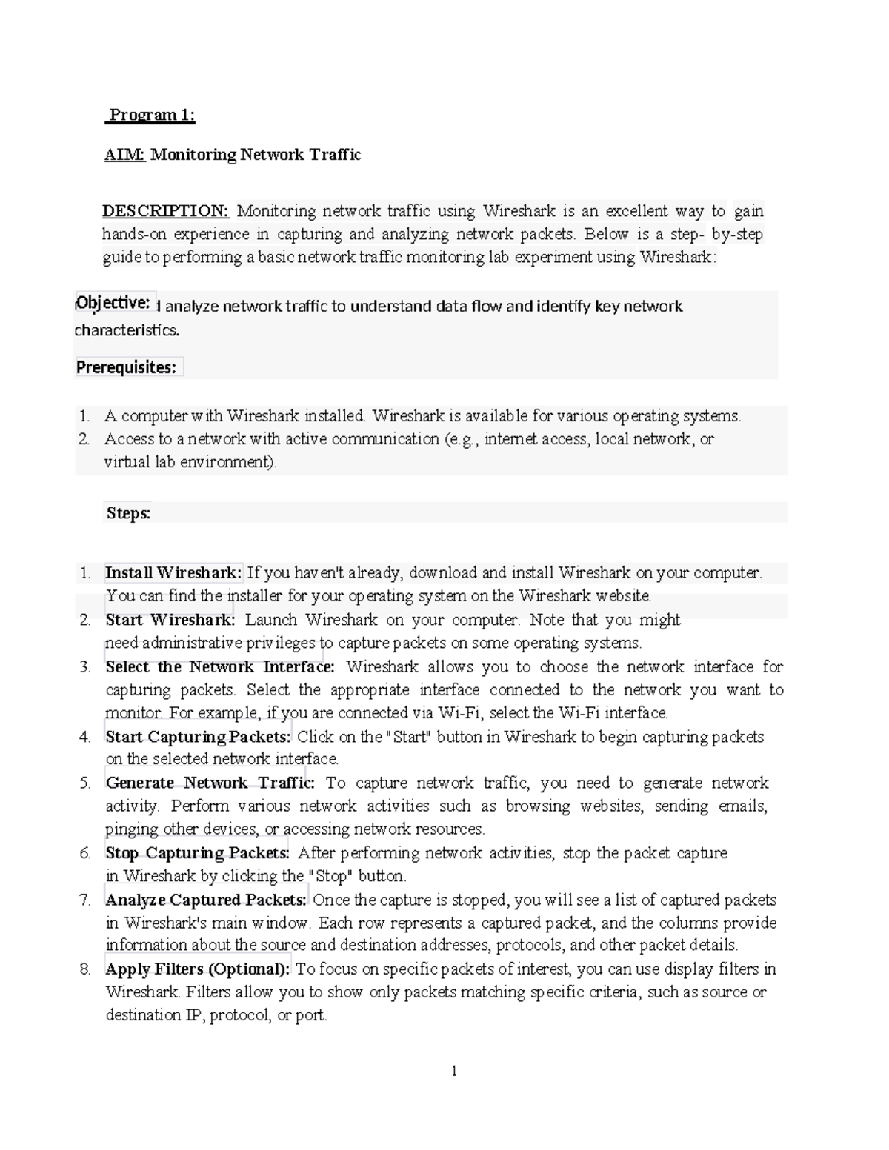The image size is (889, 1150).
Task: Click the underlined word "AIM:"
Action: [x=124, y=155]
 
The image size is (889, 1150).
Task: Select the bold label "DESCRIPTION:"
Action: [x=166, y=211]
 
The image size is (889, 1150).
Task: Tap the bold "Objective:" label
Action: [x=114, y=302]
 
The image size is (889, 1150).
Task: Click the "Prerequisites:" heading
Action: [x=127, y=367]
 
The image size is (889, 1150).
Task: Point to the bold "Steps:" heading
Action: [x=128, y=513]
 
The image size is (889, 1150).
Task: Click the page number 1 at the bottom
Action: [x=454, y=1071]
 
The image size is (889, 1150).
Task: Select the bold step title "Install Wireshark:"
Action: [x=173, y=572]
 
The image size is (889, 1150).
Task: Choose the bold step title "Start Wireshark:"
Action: [x=170, y=619]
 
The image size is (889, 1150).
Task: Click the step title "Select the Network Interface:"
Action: [x=220, y=666]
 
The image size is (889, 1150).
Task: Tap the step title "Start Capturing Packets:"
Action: [x=198, y=737]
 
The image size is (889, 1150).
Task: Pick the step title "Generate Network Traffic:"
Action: [x=210, y=783]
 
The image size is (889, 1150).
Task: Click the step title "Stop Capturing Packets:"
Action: [x=196, y=853]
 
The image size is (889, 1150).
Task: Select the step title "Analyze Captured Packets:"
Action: [x=205, y=900]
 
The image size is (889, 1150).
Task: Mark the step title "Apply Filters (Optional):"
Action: [x=199, y=969]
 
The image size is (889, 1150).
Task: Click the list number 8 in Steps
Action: [x=85, y=969]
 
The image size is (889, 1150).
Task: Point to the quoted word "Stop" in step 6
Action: [x=331, y=876]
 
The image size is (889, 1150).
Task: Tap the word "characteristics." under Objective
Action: [x=127, y=330]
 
